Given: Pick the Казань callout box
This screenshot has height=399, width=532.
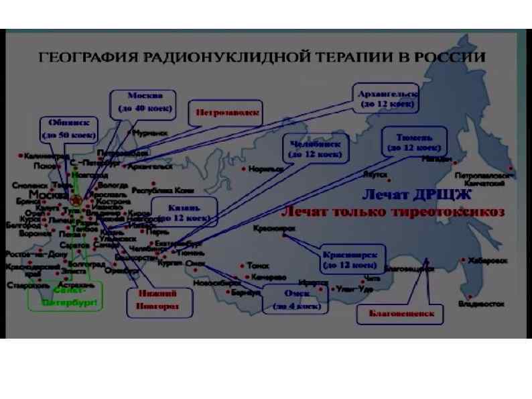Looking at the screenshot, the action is [x=184, y=212].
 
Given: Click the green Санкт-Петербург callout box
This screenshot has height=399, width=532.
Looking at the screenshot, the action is [x=65, y=297].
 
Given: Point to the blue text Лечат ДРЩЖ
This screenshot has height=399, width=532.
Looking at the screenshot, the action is [x=417, y=195].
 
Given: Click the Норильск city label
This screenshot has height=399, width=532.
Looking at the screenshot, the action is [x=265, y=170].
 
